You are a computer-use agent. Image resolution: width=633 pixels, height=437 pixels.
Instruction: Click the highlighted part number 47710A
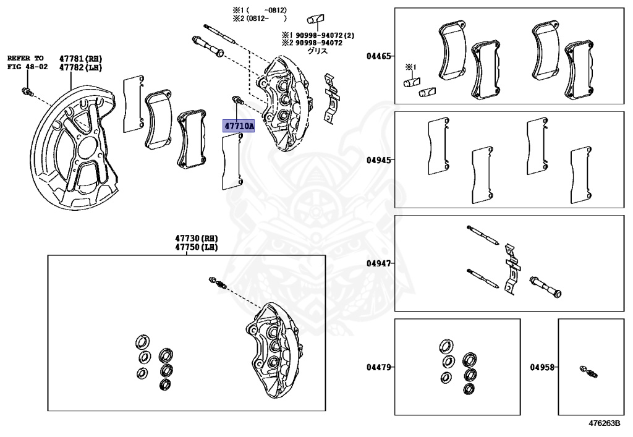click(239, 126)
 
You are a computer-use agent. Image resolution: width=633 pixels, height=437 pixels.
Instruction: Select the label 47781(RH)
click(80, 57)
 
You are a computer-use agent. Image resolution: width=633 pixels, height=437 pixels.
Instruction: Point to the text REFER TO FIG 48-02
click(25, 62)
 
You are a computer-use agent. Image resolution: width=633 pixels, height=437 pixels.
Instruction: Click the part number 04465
click(378, 56)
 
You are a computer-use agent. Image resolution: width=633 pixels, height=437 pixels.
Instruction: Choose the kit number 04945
click(378, 160)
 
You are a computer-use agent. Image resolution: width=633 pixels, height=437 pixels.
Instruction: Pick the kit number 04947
click(378, 263)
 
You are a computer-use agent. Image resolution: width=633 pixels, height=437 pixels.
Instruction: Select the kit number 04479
click(378, 367)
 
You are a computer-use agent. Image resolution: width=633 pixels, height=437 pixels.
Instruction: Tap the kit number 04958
click(542, 367)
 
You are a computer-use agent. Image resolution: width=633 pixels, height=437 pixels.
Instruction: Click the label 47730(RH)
click(197, 239)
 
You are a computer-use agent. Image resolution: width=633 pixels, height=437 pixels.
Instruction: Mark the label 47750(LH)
click(197, 247)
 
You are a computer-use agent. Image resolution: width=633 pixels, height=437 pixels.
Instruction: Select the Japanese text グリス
click(318, 51)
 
